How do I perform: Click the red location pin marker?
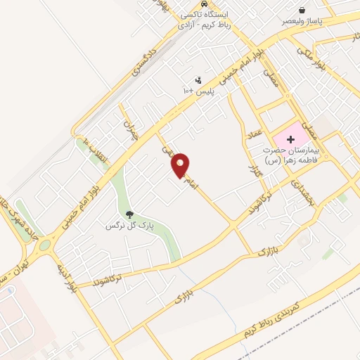pyautogui.click(x=181, y=164)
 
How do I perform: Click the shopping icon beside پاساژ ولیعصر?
pyautogui.click(x=302, y=11)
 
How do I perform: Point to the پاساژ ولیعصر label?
pyautogui.click(x=302, y=22)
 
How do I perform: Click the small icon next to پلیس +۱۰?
pyautogui.click(x=198, y=81)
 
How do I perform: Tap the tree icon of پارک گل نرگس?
pyautogui.click(x=129, y=214)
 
